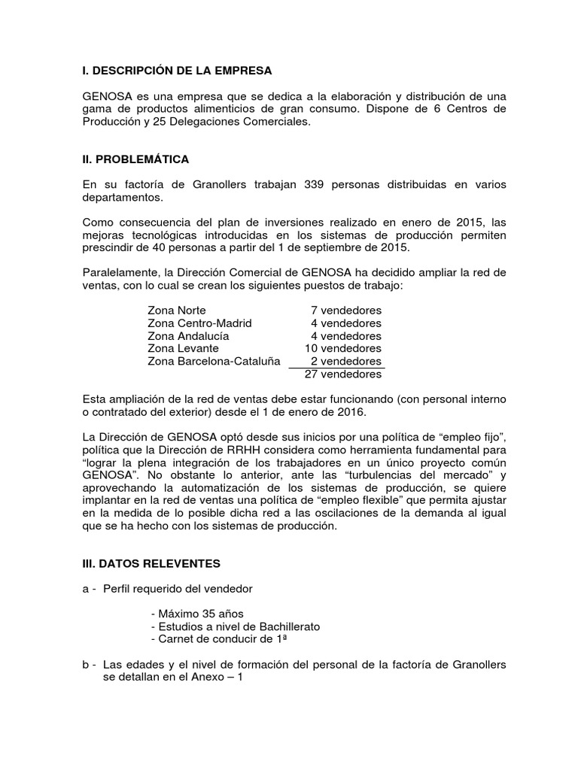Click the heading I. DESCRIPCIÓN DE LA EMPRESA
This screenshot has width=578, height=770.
(176, 71)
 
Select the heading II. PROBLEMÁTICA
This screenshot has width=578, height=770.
(135, 159)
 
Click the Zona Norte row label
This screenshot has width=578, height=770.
(176, 310)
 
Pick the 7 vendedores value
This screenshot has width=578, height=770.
(345, 310)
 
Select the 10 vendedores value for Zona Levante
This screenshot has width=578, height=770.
(342, 348)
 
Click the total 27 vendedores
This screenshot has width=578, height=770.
(343, 374)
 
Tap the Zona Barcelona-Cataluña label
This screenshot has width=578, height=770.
(214, 361)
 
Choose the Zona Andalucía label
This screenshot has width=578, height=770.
(188, 335)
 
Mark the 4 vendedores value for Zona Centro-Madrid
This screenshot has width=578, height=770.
(345, 323)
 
